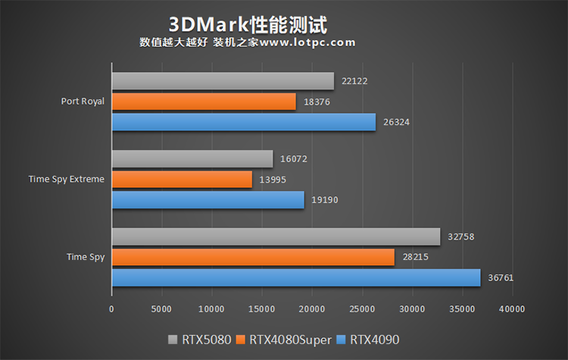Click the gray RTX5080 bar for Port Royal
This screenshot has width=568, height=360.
click(x=223, y=81)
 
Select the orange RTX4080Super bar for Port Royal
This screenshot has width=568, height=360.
click(x=204, y=102)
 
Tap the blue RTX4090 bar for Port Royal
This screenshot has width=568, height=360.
click(x=243, y=122)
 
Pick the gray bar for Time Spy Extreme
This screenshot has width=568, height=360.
click(x=192, y=159)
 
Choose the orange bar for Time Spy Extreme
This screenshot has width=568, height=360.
click(x=182, y=179)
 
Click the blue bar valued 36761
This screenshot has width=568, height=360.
click(x=295, y=277)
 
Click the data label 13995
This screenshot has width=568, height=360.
click(x=274, y=179)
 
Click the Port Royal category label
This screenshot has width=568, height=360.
click(x=83, y=101)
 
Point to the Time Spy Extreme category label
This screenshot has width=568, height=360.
click(x=67, y=179)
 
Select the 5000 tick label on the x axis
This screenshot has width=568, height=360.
click(x=161, y=309)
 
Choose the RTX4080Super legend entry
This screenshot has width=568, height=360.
click(x=285, y=340)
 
